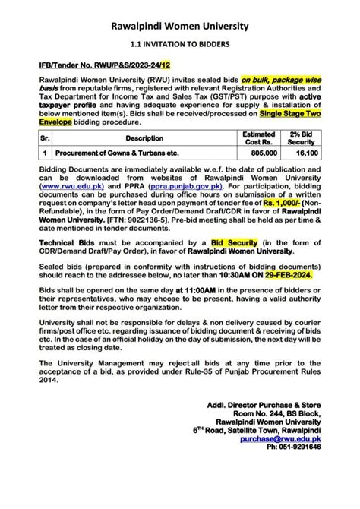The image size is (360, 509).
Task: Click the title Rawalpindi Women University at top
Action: [179, 28]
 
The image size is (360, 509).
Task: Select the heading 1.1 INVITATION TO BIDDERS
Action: [179, 47]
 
